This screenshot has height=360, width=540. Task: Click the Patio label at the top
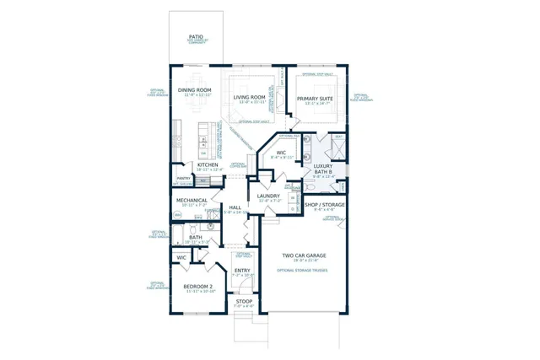(x=196, y=37)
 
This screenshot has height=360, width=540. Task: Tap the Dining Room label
(x=194, y=90)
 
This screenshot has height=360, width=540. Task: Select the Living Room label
(x=249, y=97)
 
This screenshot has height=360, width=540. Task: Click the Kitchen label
(x=208, y=164)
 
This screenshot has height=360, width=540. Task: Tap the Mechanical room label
(x=192, y=201)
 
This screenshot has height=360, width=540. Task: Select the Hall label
(x=235, y=207)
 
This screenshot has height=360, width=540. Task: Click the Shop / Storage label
(x=324, y=204)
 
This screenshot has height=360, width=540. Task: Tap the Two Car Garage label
(x=304, y=255)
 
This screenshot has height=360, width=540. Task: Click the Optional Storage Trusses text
(x=302, y=270)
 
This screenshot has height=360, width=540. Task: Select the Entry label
(x=242, y=271)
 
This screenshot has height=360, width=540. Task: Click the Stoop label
(x=244, y=301)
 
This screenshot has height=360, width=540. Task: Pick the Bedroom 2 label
(x=200, y=287)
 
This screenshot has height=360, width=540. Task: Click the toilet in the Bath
(x=192, y=228)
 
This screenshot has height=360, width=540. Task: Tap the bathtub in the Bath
(x=177, y=234)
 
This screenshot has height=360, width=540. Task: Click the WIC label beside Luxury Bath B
(x=281, y=153)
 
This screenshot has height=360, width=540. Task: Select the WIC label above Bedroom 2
(x=181, y=257)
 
